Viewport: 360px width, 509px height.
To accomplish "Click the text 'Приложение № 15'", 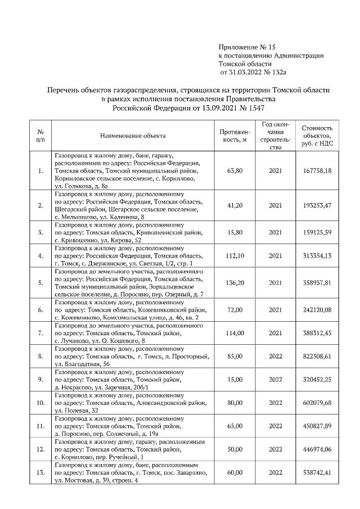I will point(247,47).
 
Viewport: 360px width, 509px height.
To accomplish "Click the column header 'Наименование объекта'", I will point(133,136).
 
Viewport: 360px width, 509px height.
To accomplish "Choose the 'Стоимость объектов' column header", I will point(320,136).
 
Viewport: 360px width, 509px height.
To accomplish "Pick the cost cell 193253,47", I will point(320,205).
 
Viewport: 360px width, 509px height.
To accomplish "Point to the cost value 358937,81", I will point(320,283).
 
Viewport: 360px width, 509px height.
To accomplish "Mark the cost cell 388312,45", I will point(320,333).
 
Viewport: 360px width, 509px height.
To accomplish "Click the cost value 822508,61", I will point(320,356).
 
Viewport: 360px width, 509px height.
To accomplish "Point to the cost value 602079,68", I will point(320,403).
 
